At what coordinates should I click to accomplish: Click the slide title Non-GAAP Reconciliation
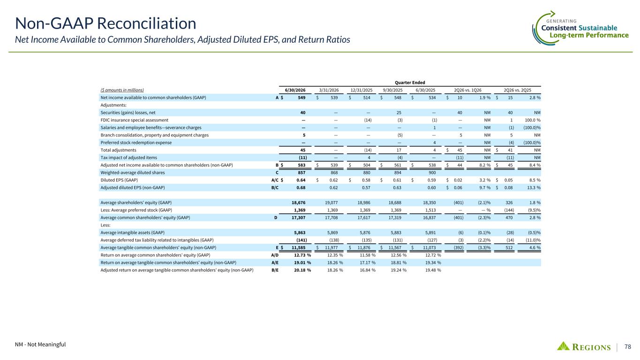coord(105,23)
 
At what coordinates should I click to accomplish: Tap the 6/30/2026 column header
coord(295,90)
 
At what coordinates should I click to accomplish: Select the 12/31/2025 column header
coord(361,90)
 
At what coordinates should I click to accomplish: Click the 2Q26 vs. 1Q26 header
coord(468,90)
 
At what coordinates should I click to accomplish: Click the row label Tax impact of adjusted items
coord(128,157)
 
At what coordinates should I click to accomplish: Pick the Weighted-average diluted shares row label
coord(133,172)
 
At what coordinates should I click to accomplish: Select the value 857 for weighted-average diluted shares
coord(301,172)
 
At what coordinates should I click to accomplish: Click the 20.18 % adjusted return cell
coord(302,270)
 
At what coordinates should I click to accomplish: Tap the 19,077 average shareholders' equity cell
coord(331,202)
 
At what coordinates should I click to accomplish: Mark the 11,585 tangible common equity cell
coord(298,247)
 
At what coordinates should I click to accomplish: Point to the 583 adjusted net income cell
coord(301,165)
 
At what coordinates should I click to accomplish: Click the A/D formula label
coord(275,255)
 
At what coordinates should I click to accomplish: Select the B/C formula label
coord(275,187)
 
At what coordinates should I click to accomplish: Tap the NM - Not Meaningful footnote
coord(40,344)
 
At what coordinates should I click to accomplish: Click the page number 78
coord(628,346)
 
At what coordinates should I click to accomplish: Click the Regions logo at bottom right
coord(583,346)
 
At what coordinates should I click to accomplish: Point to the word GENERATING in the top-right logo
coord(561,21)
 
